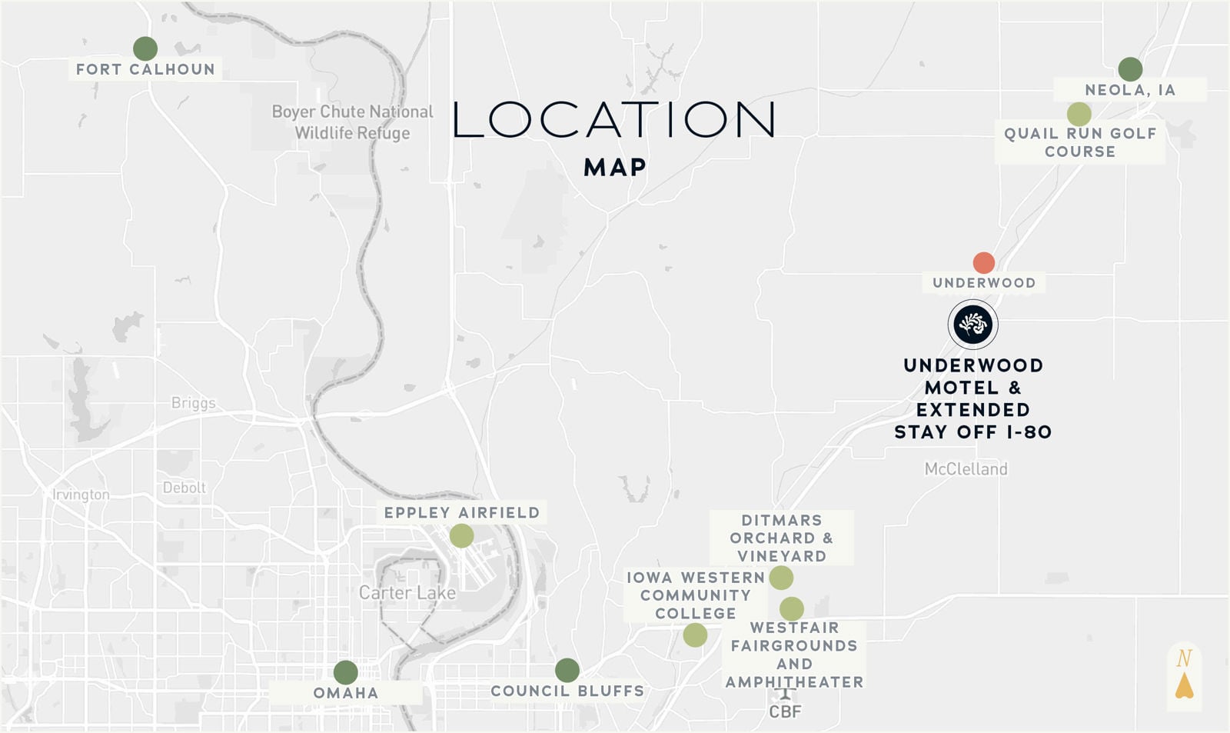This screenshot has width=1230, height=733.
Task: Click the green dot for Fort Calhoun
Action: (x=145, y=48)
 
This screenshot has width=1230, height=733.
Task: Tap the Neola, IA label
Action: (x=1129, y=90)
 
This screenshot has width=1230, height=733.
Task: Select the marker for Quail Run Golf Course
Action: (x=1079, y=115)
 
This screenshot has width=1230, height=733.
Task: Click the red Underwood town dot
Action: (x=983, y=263)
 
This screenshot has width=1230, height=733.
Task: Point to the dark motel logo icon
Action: (x=972, y=325)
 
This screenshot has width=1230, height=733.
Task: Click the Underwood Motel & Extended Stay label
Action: (x=972, y=398)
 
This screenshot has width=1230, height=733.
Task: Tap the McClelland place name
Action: (x=966, y=468)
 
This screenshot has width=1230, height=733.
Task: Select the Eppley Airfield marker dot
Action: (x=461, y=536)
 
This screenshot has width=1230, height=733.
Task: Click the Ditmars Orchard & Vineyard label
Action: (x=781, y=538)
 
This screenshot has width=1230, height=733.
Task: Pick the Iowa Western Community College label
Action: (x=695, y=595)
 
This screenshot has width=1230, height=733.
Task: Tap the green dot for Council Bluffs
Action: (x=567, y=670)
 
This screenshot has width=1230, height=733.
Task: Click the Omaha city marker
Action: (x=346, y=672)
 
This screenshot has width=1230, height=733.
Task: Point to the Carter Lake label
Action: (x=407, y=593)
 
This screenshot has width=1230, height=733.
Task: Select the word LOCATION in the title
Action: (x=613, y=120)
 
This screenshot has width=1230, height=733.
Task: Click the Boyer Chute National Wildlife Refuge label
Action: (x=352, y=122)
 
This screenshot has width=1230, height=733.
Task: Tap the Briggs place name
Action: (x=193, y=403)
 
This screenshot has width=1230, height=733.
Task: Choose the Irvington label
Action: (x=81, y=495)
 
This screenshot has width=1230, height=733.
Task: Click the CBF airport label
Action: (x=785, y=711)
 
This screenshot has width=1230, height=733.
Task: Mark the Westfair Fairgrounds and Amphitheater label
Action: (x=794, y=655)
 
